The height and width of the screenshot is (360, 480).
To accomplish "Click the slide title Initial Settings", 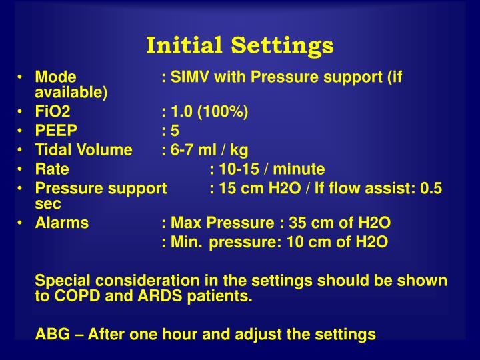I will [239, 45].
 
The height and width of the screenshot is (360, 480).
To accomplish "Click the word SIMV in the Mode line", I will [189, 77].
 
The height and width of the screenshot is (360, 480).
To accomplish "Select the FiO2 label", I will [53, 111].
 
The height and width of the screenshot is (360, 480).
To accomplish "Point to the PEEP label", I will [56, 131].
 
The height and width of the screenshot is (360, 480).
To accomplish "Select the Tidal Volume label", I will [83, 150].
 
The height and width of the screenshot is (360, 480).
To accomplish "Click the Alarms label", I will [61, 223].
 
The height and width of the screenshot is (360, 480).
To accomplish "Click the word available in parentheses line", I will [71, 92].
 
